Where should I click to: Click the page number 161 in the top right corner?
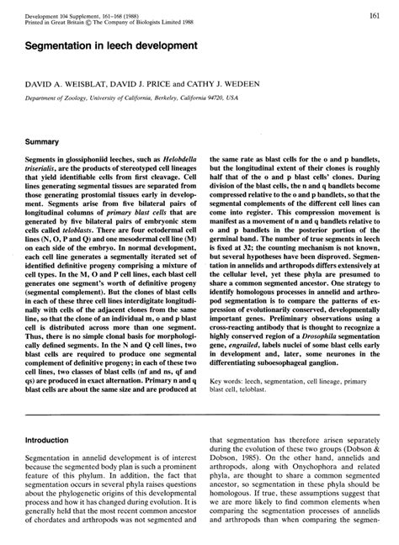(x=380, y=15)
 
